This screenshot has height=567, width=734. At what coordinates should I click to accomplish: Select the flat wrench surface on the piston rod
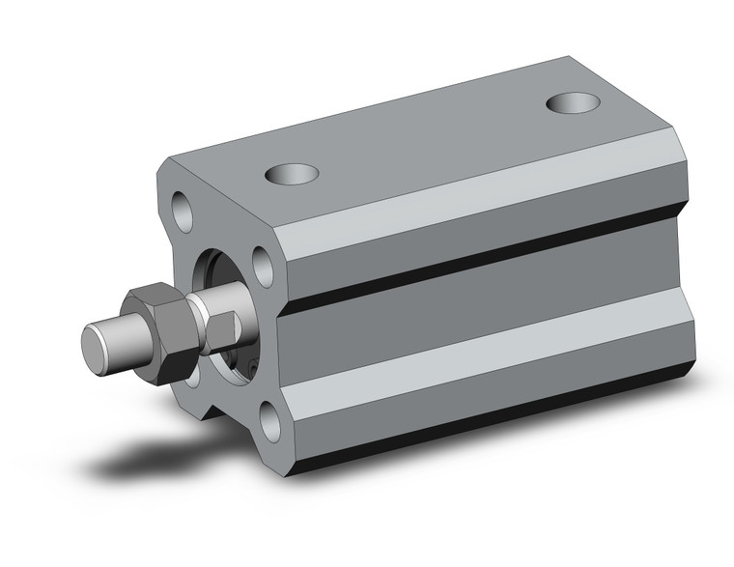tap(223, 328)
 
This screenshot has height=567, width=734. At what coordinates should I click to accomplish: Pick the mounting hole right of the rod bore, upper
tap(262, 262)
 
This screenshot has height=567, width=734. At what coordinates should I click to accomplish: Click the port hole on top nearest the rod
tap(292, 175)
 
